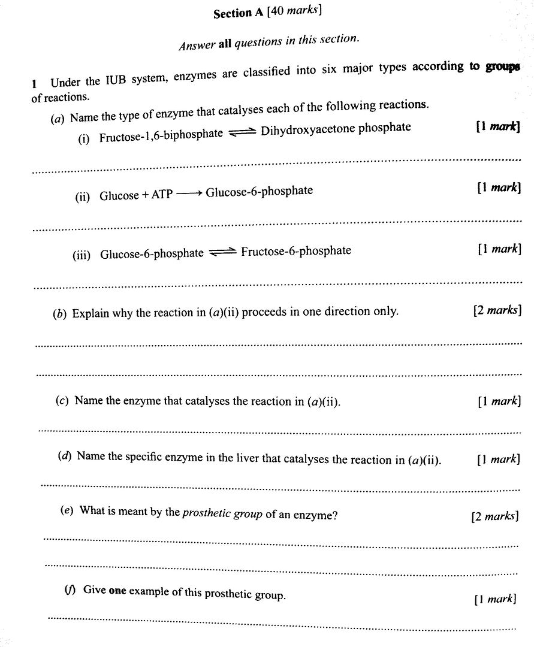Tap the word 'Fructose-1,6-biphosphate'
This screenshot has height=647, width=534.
161,135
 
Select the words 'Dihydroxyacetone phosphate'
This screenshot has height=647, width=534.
336,128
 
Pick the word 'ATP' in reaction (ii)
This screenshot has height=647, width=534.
161,195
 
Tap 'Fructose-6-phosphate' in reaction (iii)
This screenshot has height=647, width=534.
296,251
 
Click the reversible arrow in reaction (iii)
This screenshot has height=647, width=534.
222,253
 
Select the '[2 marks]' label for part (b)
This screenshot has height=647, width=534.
497,310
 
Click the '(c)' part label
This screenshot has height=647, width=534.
62,401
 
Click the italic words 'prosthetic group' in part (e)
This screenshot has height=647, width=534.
222,513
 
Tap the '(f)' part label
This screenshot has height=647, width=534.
70,589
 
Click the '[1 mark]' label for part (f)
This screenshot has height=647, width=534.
494,598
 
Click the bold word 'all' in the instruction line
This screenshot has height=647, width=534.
225,44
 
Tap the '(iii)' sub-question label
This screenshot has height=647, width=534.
82,255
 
